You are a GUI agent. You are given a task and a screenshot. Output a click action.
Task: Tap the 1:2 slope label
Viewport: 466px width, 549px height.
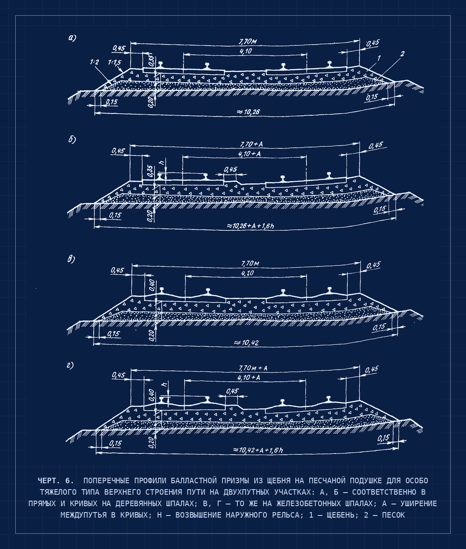click(94, 62)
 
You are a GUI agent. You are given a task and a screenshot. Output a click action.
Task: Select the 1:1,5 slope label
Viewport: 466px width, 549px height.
click(114, 62)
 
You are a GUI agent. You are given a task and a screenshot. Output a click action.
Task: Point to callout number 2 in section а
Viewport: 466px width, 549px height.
click(402, 53)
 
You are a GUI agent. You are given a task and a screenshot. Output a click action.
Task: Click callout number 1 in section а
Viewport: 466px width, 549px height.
click(379, 58)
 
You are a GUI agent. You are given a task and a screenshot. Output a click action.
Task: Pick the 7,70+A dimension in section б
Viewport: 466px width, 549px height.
click(251, 144)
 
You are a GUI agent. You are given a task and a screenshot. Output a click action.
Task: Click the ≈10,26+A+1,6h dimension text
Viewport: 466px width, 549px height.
click(251, 226)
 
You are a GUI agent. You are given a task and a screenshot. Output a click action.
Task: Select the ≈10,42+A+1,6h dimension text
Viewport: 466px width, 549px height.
click(258, 450)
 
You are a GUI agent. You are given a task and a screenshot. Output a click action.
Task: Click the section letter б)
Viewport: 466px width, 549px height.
click(72, 140)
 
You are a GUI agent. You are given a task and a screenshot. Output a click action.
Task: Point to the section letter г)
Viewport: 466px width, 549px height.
click(70, 366)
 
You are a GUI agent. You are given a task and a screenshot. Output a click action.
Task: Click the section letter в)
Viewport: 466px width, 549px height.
click(71, 259)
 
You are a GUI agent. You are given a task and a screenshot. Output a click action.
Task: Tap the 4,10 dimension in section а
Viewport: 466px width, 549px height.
click(246, 51)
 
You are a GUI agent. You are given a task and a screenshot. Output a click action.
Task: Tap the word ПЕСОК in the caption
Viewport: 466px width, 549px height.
click(393, 515)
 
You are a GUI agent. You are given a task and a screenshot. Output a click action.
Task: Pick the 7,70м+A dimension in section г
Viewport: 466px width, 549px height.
click(253, 368)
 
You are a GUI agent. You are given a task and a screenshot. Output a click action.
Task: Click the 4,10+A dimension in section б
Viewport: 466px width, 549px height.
click(250, 154)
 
